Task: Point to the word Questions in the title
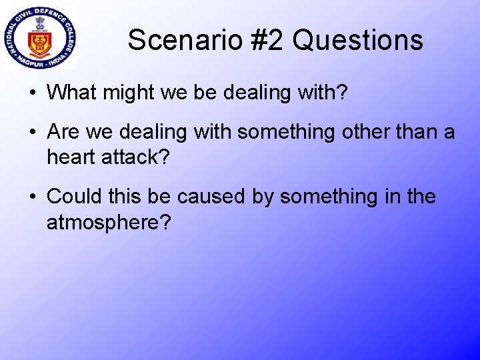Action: tap(357, 40)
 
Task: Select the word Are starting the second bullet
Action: tap(63, 132)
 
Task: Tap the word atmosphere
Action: tap(108, 222)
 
